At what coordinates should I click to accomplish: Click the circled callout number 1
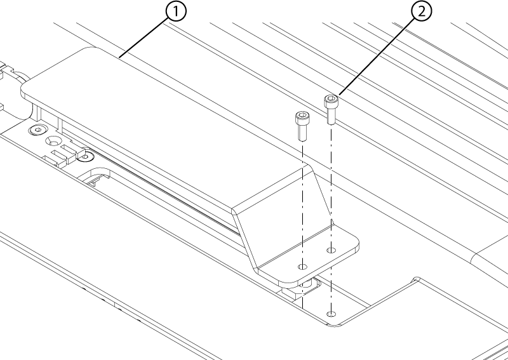177,11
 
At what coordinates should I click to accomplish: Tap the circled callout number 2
422,11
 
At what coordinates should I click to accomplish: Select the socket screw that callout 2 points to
330,109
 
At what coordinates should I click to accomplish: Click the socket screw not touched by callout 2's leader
302,126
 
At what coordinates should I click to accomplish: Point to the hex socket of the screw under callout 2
331,98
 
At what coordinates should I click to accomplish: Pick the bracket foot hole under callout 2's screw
331,250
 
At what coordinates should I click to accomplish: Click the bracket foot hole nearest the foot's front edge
303,267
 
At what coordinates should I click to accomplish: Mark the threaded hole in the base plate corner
331,314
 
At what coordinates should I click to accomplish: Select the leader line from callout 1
144,37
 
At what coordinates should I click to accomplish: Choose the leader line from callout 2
377,57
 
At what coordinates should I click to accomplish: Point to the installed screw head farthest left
38,130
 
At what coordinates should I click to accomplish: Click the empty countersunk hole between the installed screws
53,142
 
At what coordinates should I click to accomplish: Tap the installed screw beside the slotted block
86,157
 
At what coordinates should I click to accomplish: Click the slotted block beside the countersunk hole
65,154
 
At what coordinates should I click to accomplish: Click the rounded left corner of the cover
25,89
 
